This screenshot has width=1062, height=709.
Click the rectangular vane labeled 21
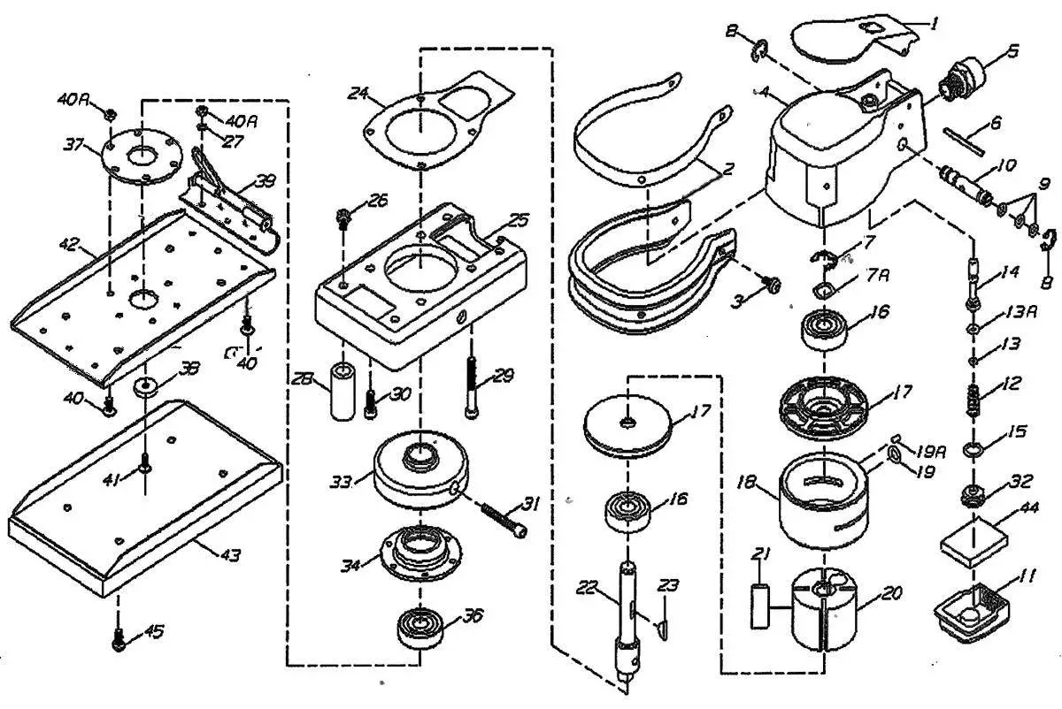pos(759,606)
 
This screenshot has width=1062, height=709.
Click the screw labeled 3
pos(769,285)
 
